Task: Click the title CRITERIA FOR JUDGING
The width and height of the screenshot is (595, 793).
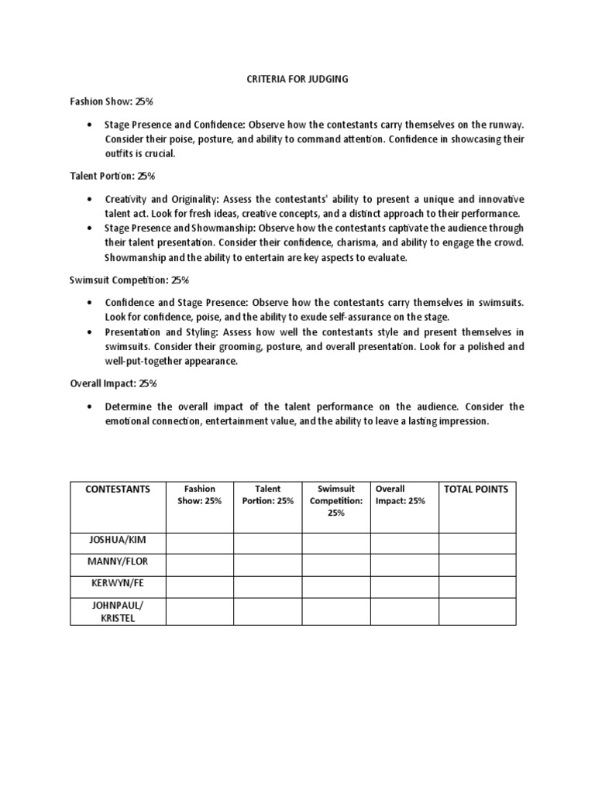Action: point(297,79)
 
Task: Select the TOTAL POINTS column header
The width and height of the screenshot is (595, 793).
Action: point(475,489)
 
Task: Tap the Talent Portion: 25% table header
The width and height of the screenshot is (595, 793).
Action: point(267,495)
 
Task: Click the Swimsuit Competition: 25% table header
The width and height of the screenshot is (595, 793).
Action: point(335,500)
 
